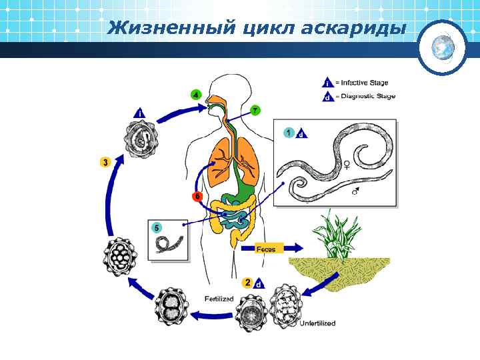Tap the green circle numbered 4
point(196,95)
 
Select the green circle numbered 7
point(255,109)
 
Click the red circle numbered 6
point(197,196)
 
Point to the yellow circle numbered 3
point(106,162)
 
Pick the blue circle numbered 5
point(157,227)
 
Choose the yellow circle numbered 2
point(247,283)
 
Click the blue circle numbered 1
point(288,132)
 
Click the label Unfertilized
point(317,323)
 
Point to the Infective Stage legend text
point(361,83)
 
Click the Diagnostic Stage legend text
point(365,96)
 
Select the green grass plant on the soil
point(339,237)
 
